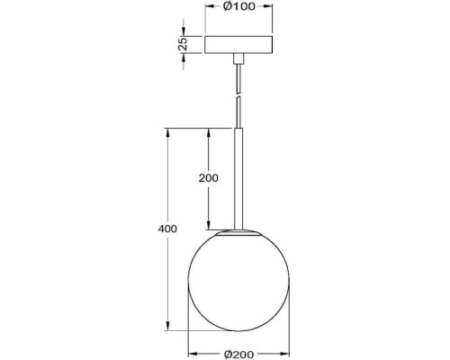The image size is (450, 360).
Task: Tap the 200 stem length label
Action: pyautogui.click(x=208, y=178)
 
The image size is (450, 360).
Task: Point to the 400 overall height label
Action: pyautogui.click(x=166, y=228)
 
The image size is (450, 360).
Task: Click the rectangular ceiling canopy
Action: pyautogui.click(x=238, y=44)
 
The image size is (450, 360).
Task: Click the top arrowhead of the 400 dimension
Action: pyautogui.click(x=168, y=134)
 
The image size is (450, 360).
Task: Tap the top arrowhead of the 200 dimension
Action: pyautogui.click(x=208, y=134)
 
